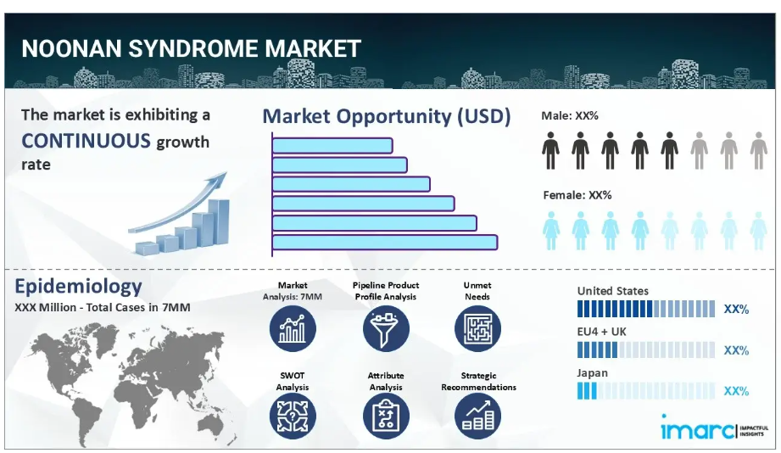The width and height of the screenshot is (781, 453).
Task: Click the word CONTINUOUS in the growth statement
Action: tap(86, 141)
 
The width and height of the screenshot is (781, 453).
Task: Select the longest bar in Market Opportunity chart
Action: tap(385, 243)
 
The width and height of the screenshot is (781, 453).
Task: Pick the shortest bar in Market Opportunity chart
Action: tap(332, 146)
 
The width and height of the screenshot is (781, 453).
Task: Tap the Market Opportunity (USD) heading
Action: tap(387, 116)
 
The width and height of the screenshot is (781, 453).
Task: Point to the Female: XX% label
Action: tap(577, 195)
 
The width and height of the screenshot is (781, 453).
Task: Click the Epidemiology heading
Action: tap(78, 286)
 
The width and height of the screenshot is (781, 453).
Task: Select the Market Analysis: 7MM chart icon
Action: tap(293, 329)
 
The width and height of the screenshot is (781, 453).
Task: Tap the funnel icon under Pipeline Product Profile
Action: tap(386, 329)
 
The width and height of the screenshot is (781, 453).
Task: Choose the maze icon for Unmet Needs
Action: tap(477, 329)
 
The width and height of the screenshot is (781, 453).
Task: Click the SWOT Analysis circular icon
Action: tap(293, 417)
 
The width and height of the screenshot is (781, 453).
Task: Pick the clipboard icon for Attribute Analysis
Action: tap(386, 417)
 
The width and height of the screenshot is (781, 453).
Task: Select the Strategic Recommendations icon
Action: tap(477, 417)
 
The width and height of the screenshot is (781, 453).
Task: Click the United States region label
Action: tap(612, 291)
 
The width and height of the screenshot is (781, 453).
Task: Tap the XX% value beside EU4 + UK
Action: tap(736, 350)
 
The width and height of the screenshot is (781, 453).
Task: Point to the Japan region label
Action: tap(592, 372)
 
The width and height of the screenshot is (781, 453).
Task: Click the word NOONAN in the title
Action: tap(72, 49)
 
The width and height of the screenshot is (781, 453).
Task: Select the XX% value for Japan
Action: tap(736, 391)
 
